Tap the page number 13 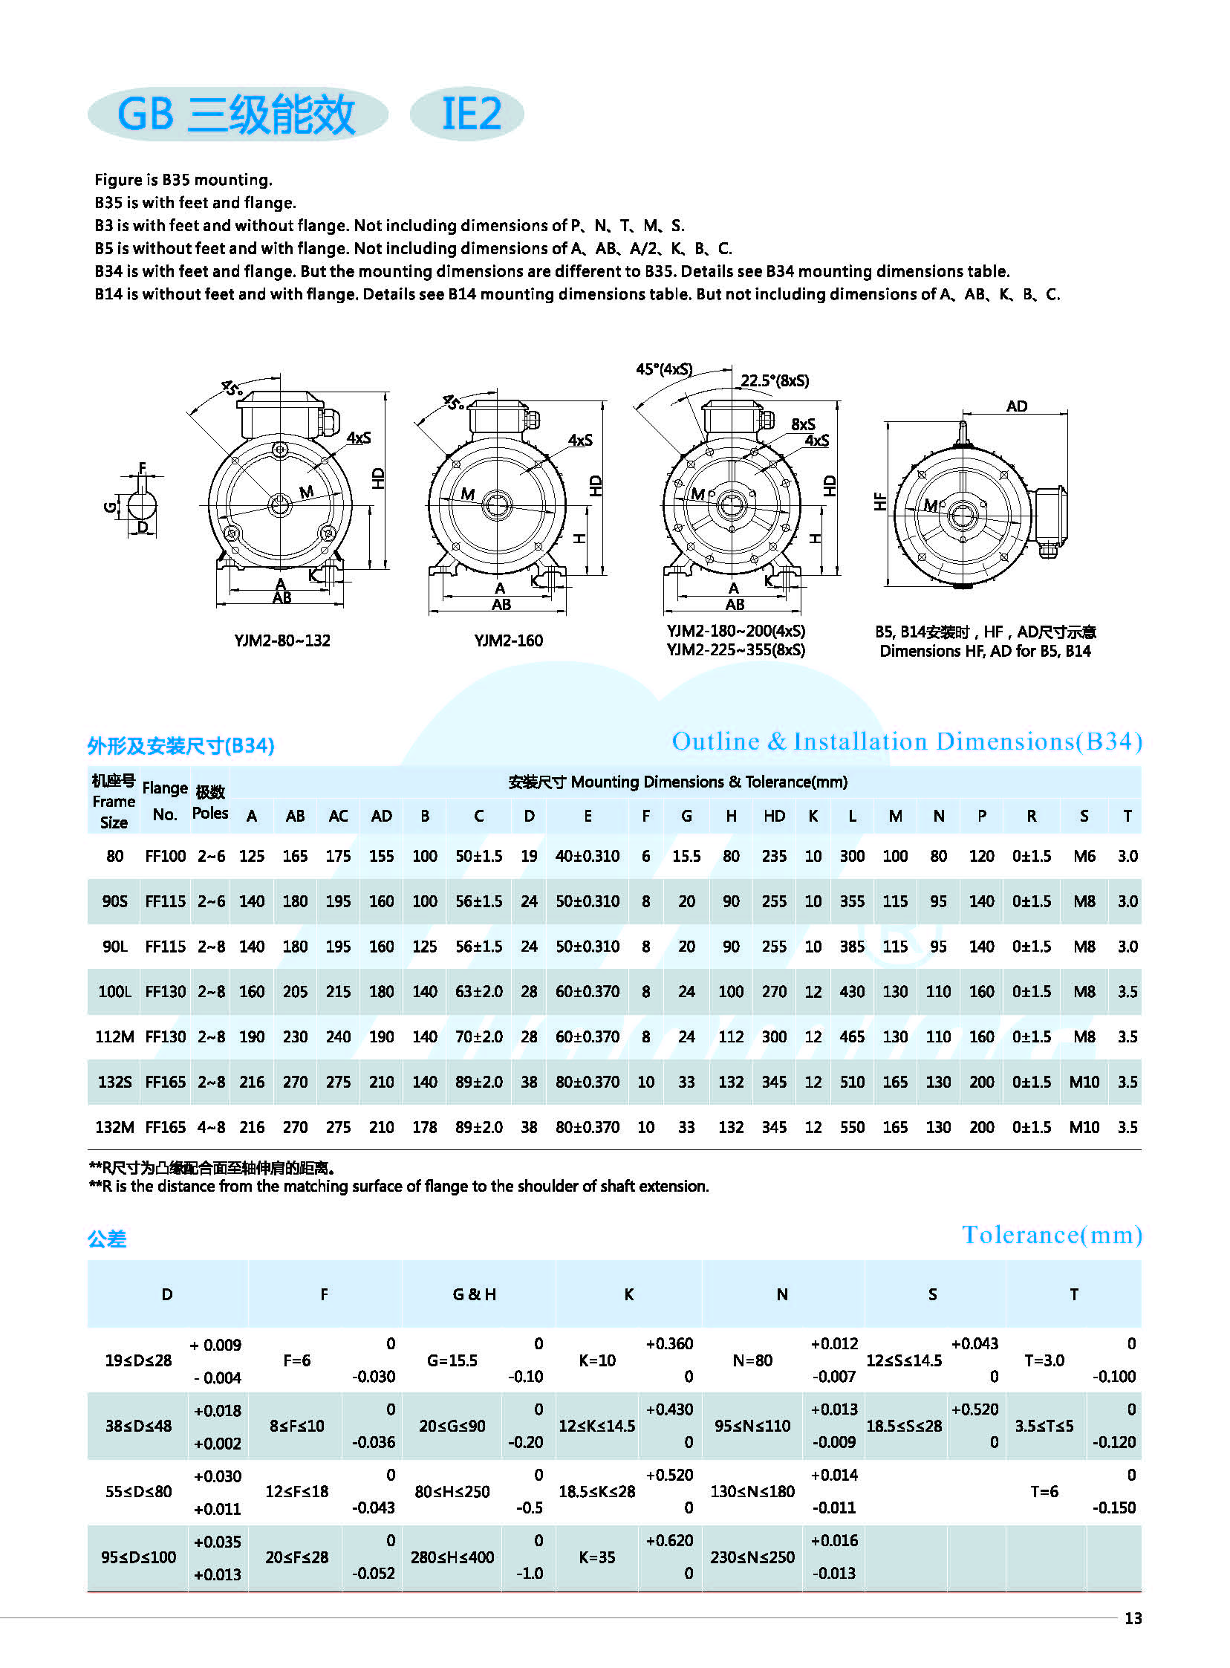click(x=1133, y=1617)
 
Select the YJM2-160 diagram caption click(x=508, y=640)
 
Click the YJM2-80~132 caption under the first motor click(x=282, y=640)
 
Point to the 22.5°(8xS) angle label click(x=775, y=380)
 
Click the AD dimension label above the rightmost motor click(x=1016, y=406)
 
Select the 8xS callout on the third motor click(x=803, y=424)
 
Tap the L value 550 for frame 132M click(x=852, y=1126)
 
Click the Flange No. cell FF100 click(x=166, y=856)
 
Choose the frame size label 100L click(x=114, y=991)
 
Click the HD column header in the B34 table click(x=774, y=815)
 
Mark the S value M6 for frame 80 click(x=1084, y=856)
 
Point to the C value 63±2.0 click(x=479, y=991)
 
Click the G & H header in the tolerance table click(x=475, y=1294)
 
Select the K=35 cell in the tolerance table click(x=597, y=1557)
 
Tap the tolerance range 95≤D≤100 click(x=138, y=1557)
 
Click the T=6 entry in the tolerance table click(x=1044, y=1490)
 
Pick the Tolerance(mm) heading click(x=1051, y=1235)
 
